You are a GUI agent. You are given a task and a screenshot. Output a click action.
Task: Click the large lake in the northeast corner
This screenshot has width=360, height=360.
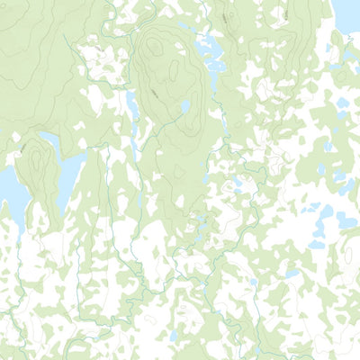tap(347, 13)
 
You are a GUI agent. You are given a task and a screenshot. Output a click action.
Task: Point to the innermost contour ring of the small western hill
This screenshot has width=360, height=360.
tap(37, 158)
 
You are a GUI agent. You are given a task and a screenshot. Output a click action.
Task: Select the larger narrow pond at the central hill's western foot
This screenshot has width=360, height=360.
tap(131, 106)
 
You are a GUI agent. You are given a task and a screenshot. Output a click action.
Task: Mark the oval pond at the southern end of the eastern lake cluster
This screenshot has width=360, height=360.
tap(316, 244)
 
